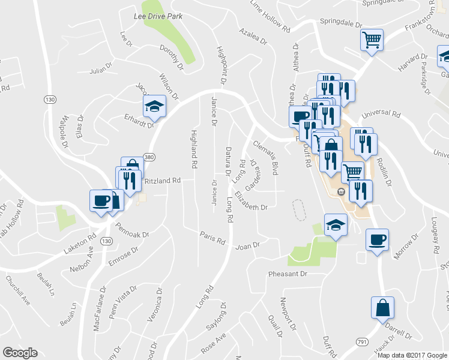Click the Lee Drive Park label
coord(158,16)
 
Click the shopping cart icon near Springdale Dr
coord(372,40)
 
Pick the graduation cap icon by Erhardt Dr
coord(154,106)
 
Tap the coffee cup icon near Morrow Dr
coord(377,239)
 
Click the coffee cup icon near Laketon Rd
coord(101,200)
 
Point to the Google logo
coord(20,352)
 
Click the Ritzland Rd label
coord(162,180)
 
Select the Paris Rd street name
coord(212,238)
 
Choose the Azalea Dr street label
coord(252,35)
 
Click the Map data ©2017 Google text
coord(411,355)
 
